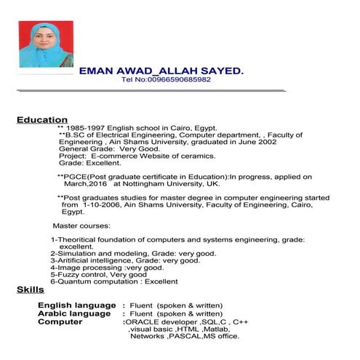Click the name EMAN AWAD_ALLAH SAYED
(x=160, y=71)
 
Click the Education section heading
(x=42, y=119)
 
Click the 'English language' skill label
(x=74, y=305)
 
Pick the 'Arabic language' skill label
(x=73, y=313)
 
